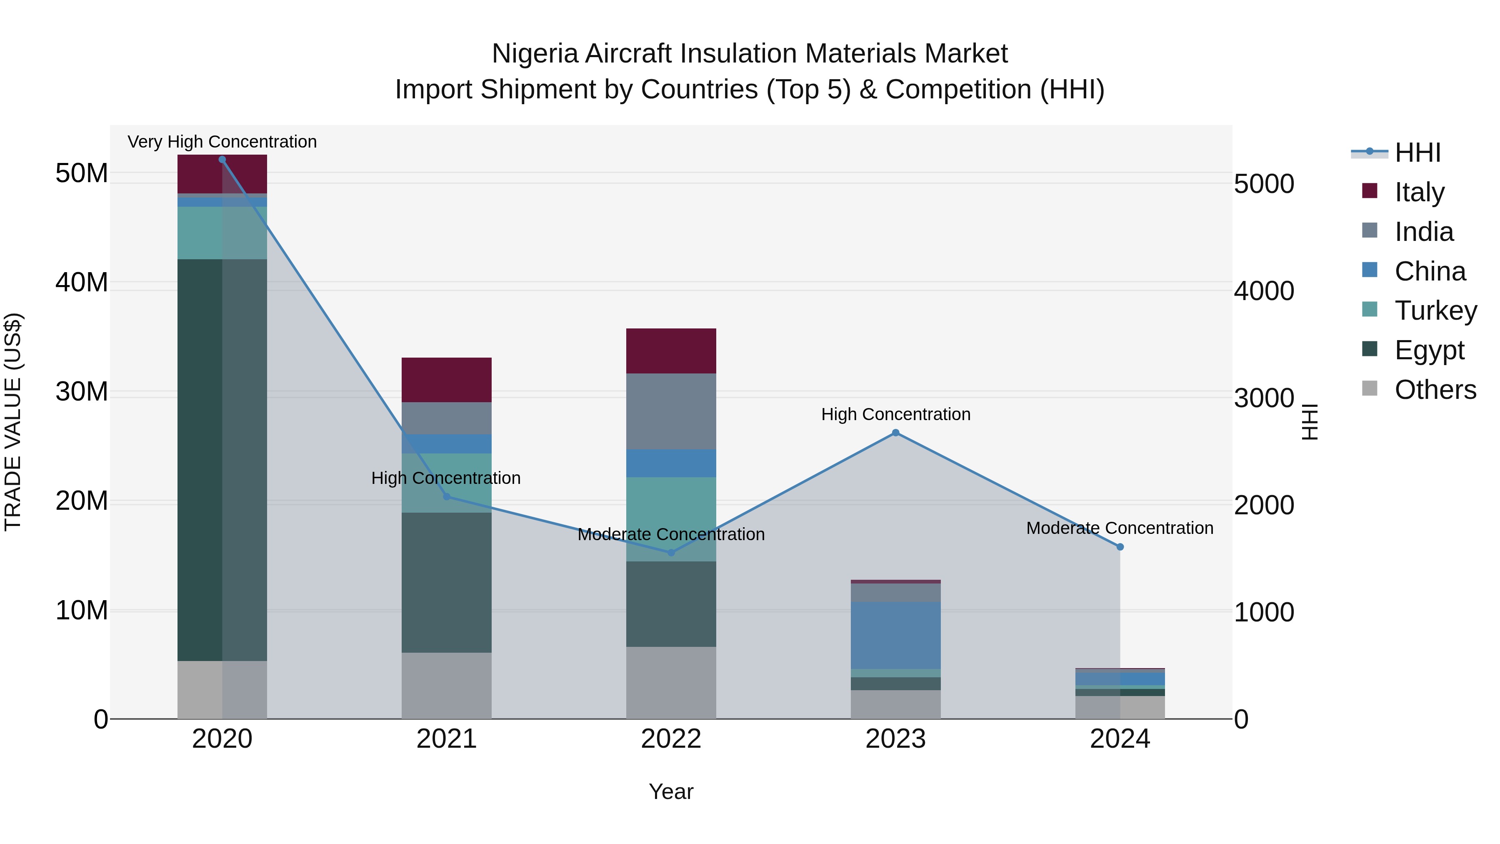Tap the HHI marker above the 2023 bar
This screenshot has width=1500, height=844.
click(895, 433)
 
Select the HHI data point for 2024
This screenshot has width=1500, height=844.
click(1120, 547)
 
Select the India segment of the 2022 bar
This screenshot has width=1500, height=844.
click(671, 411)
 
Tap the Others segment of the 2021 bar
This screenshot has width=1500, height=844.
click(447, 686)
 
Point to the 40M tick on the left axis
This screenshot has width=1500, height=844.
click(82, 283)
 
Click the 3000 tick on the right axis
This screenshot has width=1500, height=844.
click(1264, 398)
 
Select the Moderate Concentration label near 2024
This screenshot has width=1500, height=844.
click(1119, 528)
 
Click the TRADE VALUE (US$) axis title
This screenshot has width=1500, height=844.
click(13, 422)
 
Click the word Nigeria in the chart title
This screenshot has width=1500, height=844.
click(535, 54)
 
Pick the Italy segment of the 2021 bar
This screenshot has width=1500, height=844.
click(447, 380)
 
